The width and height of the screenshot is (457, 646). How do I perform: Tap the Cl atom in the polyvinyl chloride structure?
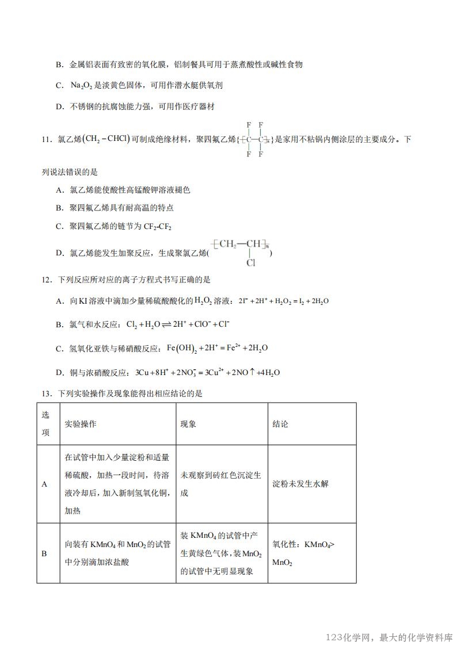click(250, 263)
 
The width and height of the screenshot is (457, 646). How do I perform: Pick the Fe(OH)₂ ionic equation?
click(217, 348)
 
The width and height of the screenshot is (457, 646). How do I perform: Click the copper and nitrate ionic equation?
click(207, 372)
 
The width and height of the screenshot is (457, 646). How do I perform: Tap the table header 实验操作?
click(81, 424)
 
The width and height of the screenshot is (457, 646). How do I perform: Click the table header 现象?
click(189, 424)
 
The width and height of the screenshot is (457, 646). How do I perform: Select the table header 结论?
click(280, 424)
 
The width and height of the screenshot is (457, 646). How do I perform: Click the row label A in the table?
click(44, 484)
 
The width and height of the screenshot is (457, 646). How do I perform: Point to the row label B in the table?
click(44, 553)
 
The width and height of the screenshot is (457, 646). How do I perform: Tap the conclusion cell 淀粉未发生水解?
click(300, 484)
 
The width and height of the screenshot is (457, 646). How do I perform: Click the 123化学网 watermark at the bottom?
click(389, 638)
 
